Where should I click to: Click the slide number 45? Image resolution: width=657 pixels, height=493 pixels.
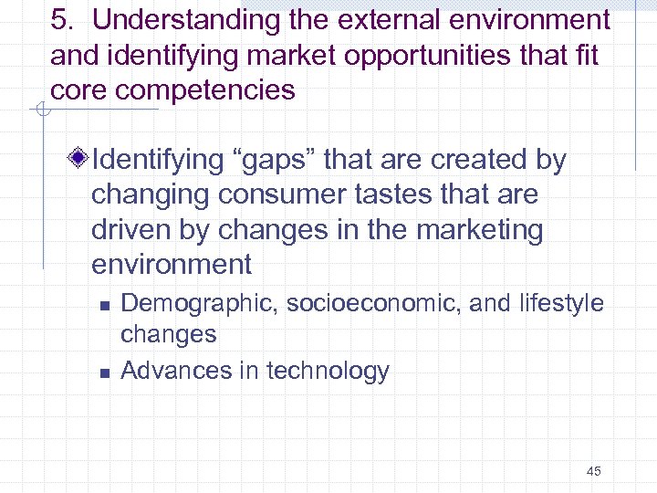593,471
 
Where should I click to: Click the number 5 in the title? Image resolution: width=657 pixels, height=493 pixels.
58,20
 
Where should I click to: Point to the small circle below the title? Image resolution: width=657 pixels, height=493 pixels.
40,111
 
